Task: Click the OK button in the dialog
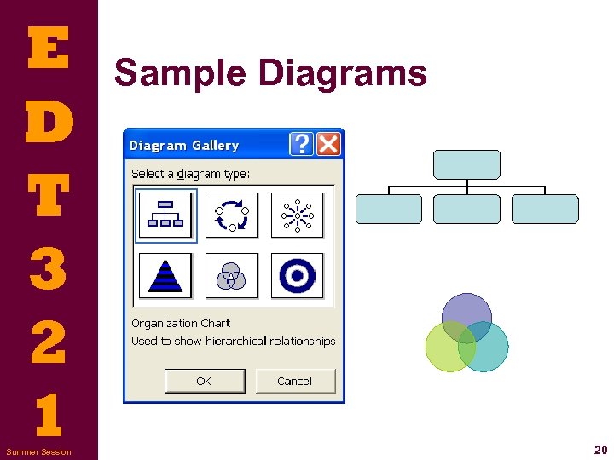(205, 381)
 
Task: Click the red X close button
(328, 144)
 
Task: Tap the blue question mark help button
(302, 144)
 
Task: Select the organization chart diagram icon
(165, 216)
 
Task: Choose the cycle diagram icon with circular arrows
(232, 216)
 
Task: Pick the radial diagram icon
(298, 216)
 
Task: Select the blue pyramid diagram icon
(165, 275)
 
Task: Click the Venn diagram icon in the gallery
(232, 275)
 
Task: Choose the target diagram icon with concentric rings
(298, 275)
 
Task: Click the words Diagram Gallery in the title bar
(184, 146)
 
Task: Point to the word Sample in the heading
(180, 73)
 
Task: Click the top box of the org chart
(466, 164)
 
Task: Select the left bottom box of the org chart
(389, 209)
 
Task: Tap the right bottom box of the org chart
(545, 209)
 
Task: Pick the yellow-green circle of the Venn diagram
(444, 352)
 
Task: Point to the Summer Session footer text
(38, 451)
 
